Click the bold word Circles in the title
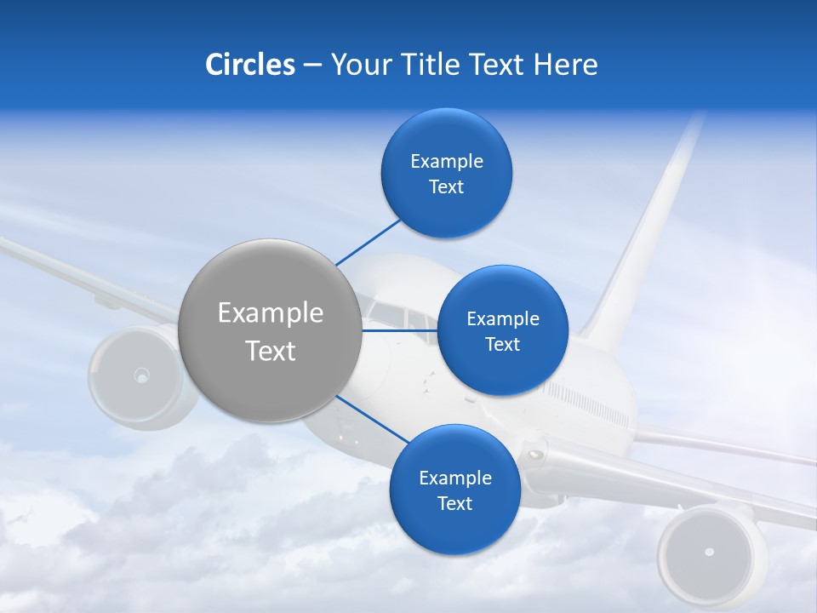249,65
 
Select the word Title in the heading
431,65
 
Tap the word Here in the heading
565,65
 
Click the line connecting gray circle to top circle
368,243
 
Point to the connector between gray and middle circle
399,330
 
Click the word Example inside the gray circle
271,313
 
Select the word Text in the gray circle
271,351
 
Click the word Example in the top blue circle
446,162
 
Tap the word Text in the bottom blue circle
454,504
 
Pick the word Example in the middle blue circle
502,319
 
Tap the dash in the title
312,66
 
